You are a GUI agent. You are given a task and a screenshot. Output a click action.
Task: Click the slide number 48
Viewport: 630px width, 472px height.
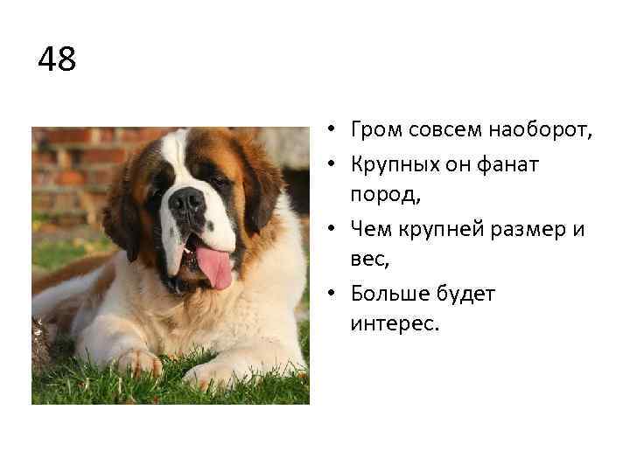58,60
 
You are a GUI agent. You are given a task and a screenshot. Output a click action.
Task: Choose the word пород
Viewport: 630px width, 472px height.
385,196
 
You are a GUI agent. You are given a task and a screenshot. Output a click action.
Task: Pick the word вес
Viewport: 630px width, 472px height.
367,260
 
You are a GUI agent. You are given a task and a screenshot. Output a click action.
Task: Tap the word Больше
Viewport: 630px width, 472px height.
388,294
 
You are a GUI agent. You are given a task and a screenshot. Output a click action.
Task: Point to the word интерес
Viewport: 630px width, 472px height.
393,325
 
